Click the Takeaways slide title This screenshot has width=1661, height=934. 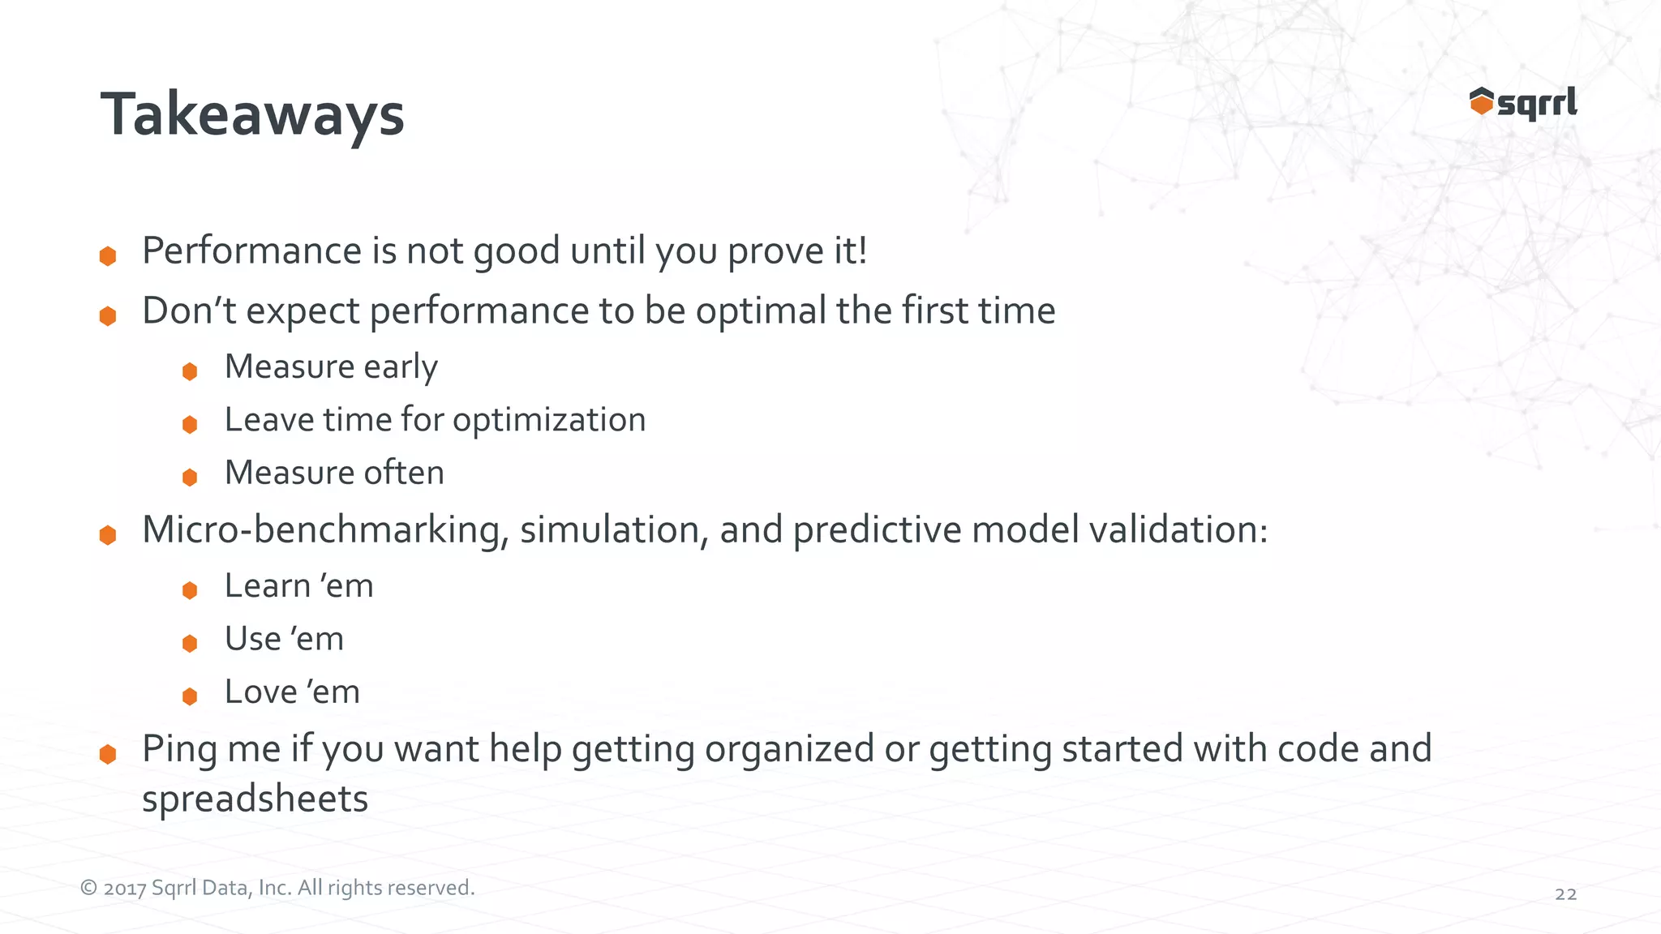click(x=252, y=114)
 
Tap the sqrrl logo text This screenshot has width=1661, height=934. click(x=1537, y=104)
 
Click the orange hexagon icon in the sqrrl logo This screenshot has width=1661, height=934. click(x=1481, y=102)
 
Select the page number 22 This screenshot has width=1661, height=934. click(x=1565, y=894)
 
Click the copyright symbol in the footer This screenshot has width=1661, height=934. click(x=88, y=889)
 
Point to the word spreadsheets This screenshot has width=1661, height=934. click(x=255, y=799)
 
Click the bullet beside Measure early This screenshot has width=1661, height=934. click(x=190, y=371)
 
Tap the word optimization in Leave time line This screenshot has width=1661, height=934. click(x=549, y=421)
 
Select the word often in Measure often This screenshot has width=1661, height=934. click(x=404, y=473)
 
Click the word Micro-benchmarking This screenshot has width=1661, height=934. click(x=325, y=530)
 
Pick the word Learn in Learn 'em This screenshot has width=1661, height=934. click(x=267, y=586)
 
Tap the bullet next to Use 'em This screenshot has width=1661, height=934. click(x=190, y=644)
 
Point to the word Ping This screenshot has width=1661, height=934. click(x=179, y=749)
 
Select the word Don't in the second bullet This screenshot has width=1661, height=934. click(x=189, y=311)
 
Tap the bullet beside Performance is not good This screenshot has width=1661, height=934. click(x=108, y=256)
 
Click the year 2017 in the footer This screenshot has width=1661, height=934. click(x=125, y=889)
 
